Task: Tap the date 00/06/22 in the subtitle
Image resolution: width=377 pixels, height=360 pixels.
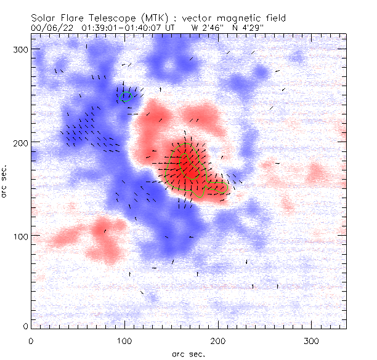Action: tap(50, 28)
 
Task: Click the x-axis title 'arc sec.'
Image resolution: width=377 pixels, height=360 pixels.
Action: tap(188, 354)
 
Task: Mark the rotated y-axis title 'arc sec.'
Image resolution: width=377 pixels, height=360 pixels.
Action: tap(6, 182)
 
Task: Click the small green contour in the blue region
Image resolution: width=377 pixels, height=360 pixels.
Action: tap(126, 97)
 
